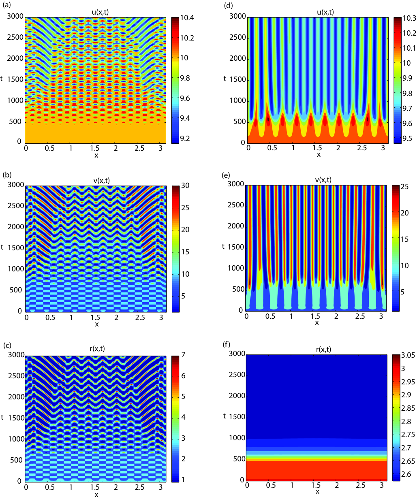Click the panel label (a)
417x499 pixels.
click(7, 5)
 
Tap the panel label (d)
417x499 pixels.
click(228, 5)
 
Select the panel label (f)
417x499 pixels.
click(227, 344)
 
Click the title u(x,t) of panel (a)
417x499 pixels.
click(100, 12)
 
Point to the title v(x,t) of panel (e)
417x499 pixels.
click(323, 180)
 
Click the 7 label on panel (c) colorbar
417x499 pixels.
click(183, 354)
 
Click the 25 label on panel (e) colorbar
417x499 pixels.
click(405, 187)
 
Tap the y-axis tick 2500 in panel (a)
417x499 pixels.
click(15, 37)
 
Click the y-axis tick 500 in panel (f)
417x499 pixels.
click(239, 458)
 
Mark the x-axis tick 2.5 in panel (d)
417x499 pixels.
click(362, 148)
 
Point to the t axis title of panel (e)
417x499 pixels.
click(223, 246)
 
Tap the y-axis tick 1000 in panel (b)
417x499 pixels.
click(16, 269)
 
